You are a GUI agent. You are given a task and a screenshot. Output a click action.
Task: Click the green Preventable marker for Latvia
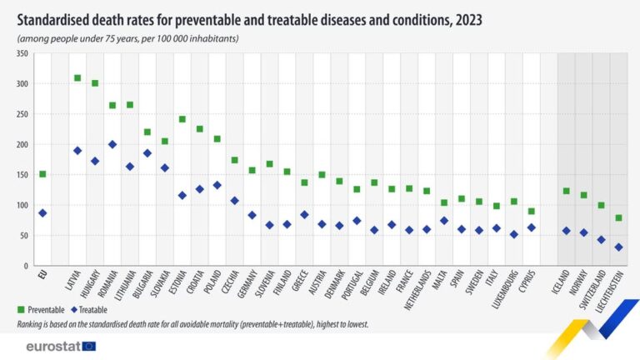pyautogui.click(x=77, y=78)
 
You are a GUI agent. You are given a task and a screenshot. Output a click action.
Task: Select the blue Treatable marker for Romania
pyautogui.click(x=112, y=144)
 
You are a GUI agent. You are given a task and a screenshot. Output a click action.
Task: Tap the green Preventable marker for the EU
pyautogui.click(x=42, y=174)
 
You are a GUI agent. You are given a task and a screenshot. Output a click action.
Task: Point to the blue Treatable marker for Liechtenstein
pyautogui.click(x=618, y=247)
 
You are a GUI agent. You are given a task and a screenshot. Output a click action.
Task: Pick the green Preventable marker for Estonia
pyautogui.click(x=182, y=119)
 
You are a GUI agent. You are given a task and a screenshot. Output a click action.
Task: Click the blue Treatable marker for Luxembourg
pyautogui.click(x=513, y=234)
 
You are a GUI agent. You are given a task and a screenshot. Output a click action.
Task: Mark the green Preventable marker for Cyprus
pyautogui.click(x=531, y=211)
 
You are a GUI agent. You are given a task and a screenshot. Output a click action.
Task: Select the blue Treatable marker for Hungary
pyautogui.click(x=95, y=161)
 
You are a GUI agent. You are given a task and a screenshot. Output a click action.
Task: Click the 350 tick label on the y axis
pyautogui.click(x=22, y=54)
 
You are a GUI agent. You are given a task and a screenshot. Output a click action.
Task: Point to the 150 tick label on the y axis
pyautogui.click(x=22, y=175)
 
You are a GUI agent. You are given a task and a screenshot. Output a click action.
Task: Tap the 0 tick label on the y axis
pyautogui.click(x=27, y=266)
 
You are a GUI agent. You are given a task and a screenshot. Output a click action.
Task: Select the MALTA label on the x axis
pyautogui.click(x=444, y=281)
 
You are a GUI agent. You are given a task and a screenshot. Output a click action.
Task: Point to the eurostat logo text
pyautogui.click(x=52, y=346)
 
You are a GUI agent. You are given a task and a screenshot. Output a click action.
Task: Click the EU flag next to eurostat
pyautogui.click(x=88, y=346)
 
